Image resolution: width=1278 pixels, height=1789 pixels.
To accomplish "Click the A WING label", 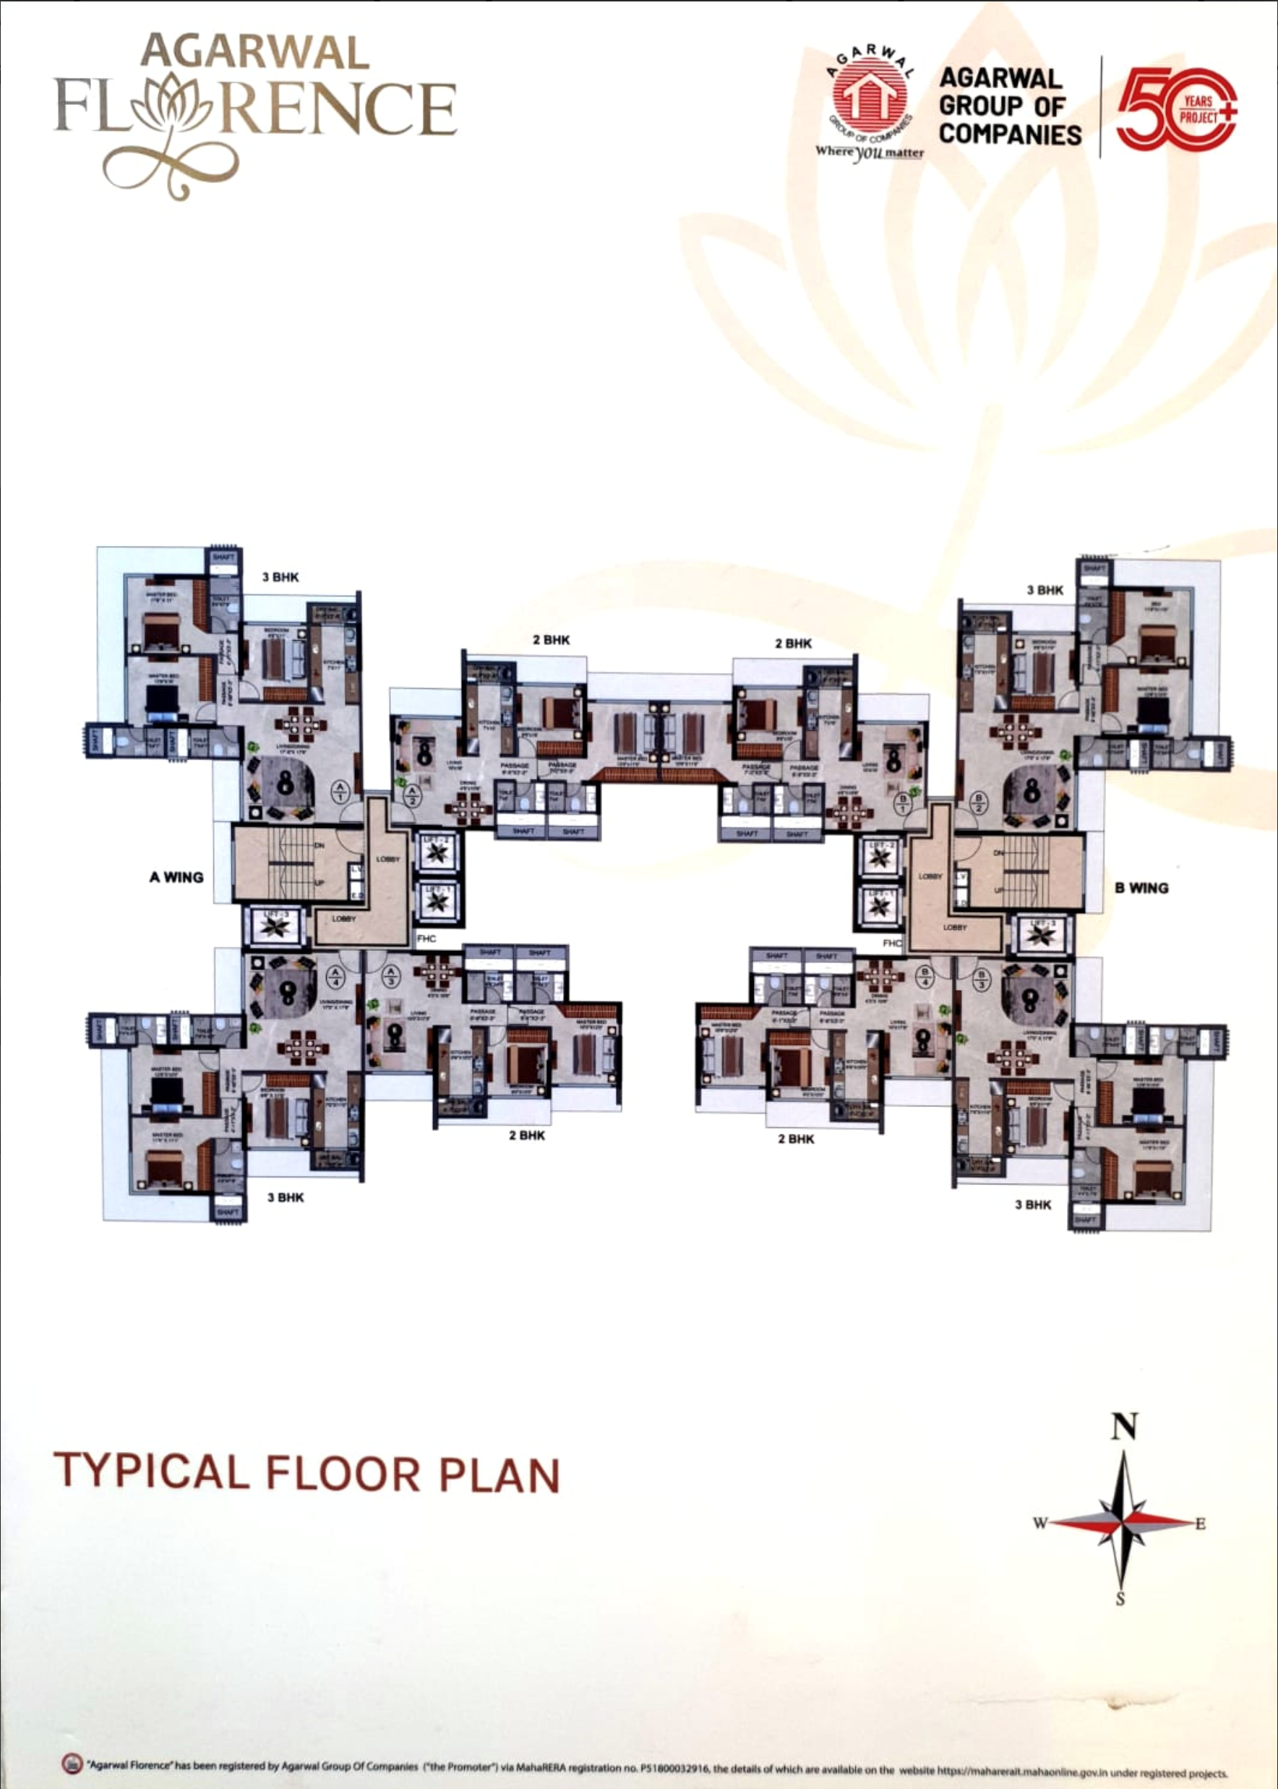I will (176, 877).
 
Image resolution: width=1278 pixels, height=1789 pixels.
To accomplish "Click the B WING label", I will (1141, 888).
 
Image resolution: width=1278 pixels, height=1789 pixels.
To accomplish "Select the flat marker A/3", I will (390, 977).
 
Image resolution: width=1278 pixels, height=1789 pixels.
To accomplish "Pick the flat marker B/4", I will (925, 977).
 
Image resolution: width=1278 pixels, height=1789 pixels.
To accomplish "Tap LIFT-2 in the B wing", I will (879, 857).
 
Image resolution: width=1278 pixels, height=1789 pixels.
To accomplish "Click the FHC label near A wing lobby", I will (426, 938).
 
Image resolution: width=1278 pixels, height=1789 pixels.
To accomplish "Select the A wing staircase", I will (291, 863).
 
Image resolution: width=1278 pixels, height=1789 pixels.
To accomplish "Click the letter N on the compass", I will (1125, 1426).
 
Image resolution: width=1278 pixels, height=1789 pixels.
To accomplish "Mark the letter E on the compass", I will (1200, 1524).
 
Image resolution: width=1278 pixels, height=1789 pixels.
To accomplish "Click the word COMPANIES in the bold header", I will (1010, 134).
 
